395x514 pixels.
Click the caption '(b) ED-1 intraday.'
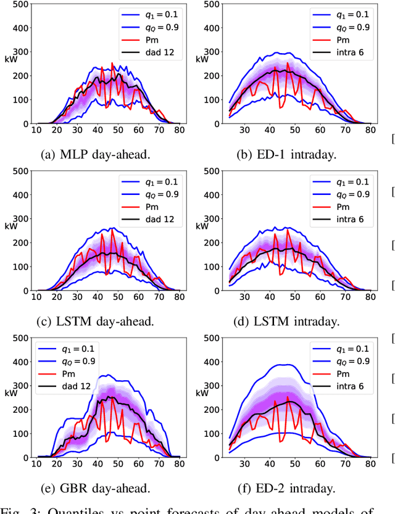[x=288, y=154]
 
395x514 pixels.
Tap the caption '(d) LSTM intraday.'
[x=288, y=321]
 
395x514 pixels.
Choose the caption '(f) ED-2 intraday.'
[x=288, y=488]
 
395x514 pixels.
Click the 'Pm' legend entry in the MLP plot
[x=154, y=40]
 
